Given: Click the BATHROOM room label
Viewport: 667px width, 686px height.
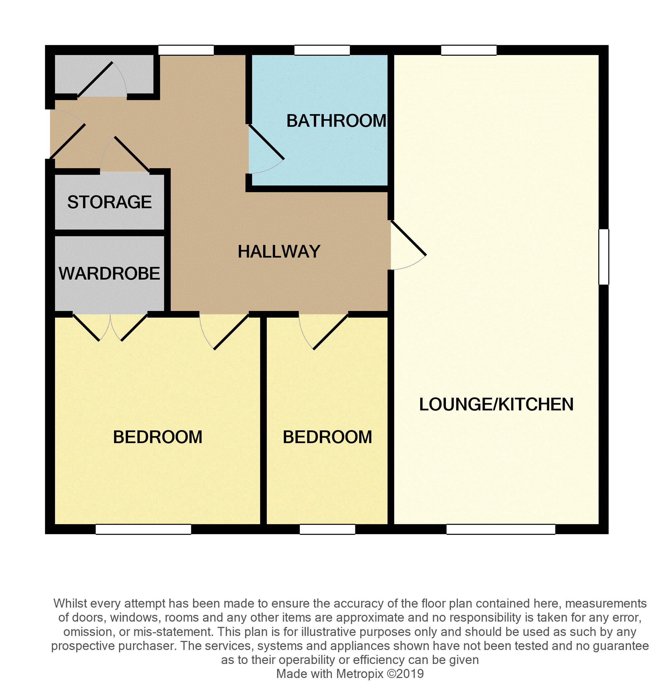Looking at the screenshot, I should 336,121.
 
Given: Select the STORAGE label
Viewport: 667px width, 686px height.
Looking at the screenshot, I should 109,202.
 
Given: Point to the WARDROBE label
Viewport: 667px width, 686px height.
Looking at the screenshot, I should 109,273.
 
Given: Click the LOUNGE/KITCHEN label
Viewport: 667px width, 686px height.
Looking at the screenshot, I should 496,404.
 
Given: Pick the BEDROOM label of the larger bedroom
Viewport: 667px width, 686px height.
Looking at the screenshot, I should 158,437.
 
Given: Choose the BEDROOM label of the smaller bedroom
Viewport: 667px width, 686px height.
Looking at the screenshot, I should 327,437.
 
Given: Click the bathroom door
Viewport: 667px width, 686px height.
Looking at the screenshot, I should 266,142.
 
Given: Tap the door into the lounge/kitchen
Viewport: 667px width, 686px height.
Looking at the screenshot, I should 408,238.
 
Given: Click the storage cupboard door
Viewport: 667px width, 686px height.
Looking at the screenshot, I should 132,154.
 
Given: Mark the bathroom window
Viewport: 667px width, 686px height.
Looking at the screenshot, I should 322,50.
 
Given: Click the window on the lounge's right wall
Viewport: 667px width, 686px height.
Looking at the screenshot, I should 603,257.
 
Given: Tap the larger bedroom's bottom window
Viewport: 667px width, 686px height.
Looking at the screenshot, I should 143,529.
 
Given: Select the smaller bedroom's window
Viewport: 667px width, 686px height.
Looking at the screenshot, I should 327,529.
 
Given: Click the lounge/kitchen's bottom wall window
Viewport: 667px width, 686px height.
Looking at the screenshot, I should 501,529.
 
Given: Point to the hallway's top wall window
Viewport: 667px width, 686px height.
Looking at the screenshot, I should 186,50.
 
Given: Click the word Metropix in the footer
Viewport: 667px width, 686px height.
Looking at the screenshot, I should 359,673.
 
